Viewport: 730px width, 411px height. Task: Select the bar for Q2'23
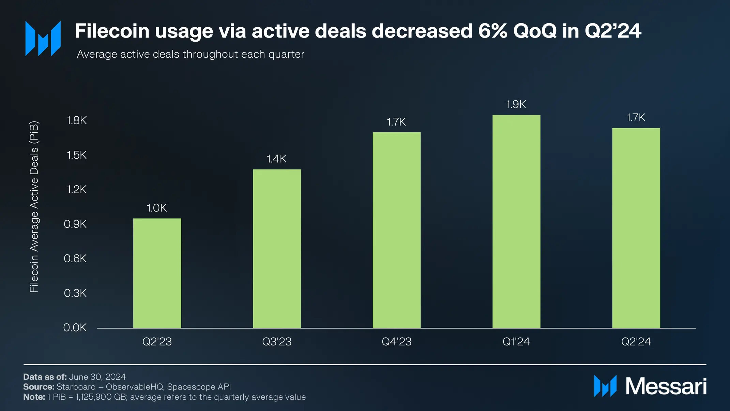pyautogui.click(x=157, y=273)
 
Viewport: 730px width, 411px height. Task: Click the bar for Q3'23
pyautogui.click(x=277, y=249)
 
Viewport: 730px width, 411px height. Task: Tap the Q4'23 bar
pyautogui.click(x=396, y=230)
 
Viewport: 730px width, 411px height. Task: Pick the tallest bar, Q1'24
pyautogui.click(x=516, y=222)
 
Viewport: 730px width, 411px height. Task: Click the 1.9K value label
pyautogui.click(x=516, y=104)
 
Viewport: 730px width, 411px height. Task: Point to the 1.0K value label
pyautogui.click(x=157, y=208)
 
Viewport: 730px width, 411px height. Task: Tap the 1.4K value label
pyautogui.click(x=276, y=159)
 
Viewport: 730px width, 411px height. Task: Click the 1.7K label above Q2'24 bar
pyautogui.click(x=636, y=118)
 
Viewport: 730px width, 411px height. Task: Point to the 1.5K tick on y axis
pyautogui.click(x=77, y=155)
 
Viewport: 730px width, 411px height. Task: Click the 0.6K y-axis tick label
pyautogui.click(x=75, y=259)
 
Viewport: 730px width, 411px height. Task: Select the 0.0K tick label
pyautogui.click(x=75, y=328)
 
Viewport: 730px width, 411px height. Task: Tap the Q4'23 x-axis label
pyautogui.click(x=396, y=341)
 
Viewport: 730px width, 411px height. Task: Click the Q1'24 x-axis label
pyautogui.click(x=516, y=341)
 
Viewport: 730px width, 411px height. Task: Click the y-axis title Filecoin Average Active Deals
pyautogui.click(x=34, y=206)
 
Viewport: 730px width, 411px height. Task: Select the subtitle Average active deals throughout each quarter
pyautogui.click(x=191, y=54)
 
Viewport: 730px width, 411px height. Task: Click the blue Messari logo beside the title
pyautogui.click(x=43, y=38)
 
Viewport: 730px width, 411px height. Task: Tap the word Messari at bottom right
pyautogui.click(x=666, y=386)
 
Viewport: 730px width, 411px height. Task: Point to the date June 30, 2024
pyautogui.click(x=97, y=377)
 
